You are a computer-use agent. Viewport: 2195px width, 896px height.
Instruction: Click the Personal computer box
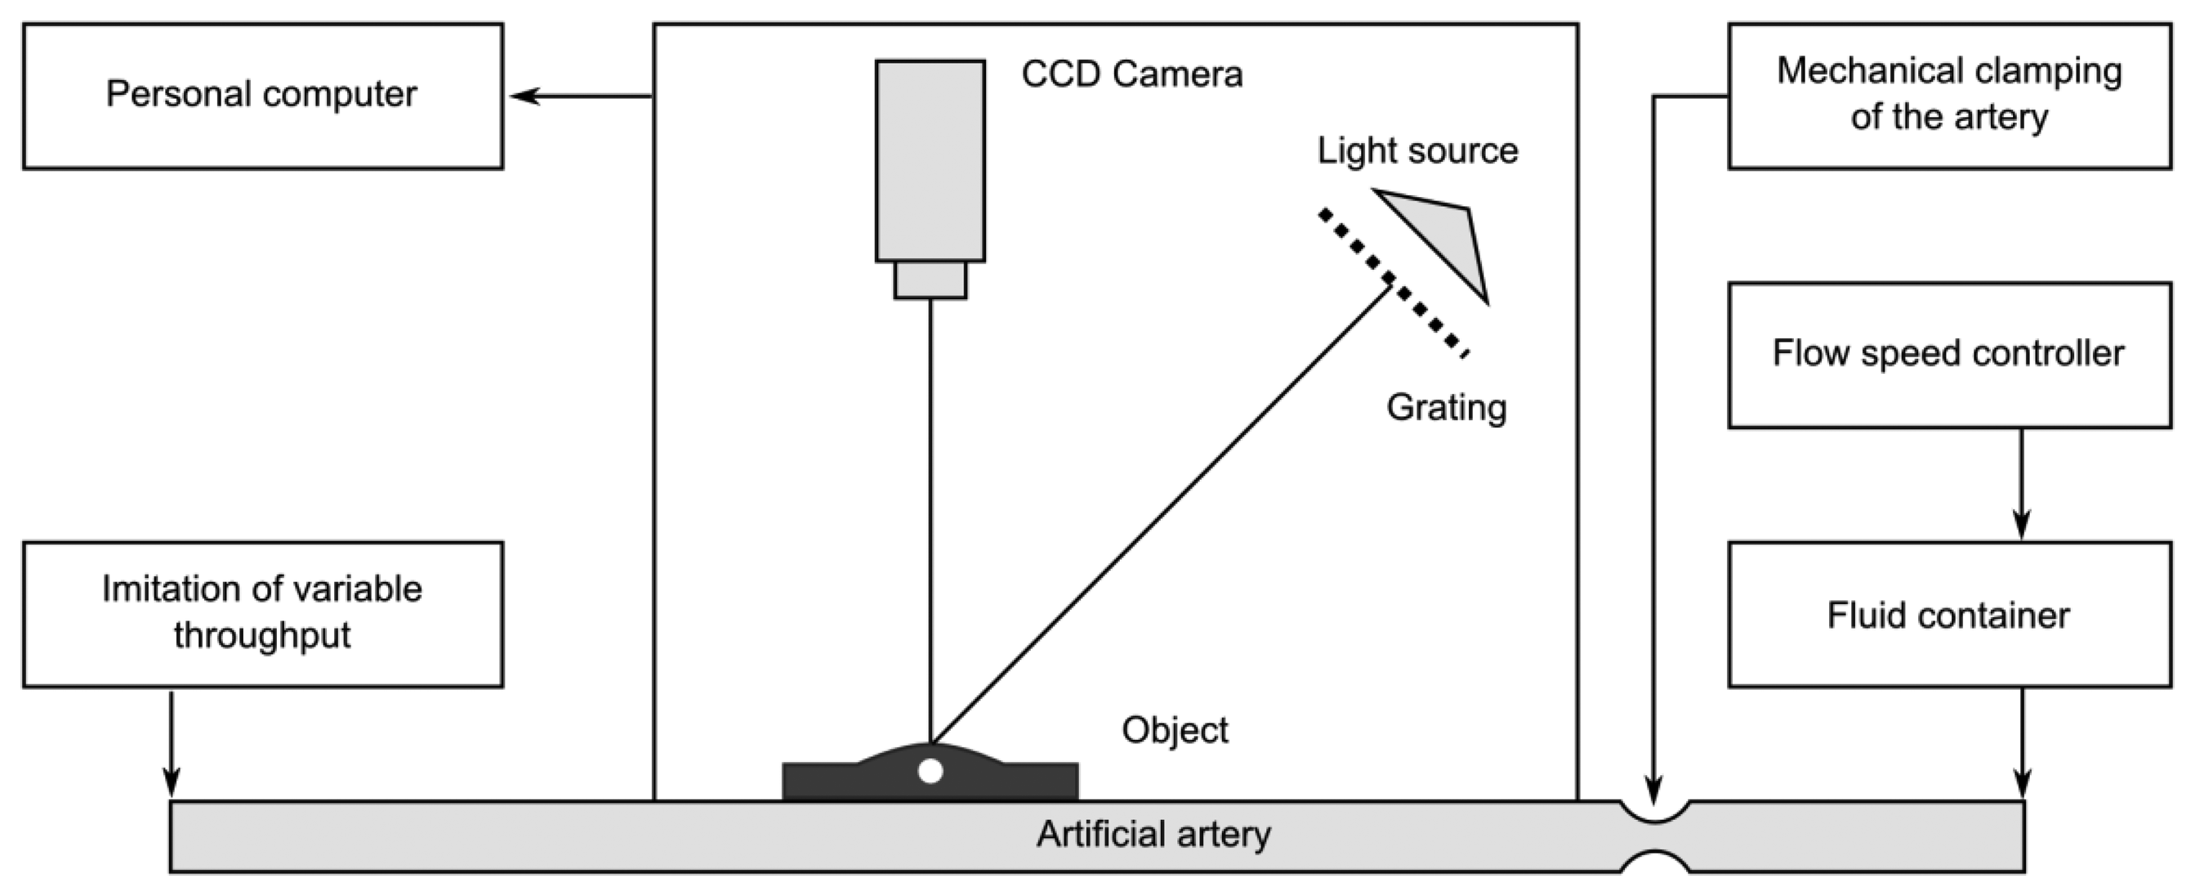pos(262,96)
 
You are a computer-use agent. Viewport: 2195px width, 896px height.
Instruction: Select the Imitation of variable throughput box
pos(262,614)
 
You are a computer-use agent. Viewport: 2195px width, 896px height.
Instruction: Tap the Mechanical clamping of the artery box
pos(1949,96)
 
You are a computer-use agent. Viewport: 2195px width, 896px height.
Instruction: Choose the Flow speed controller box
pos(1949,355)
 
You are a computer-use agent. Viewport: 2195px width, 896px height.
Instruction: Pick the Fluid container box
pos(1949,614)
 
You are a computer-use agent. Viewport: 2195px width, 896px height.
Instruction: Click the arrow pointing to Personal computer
pos(579,96)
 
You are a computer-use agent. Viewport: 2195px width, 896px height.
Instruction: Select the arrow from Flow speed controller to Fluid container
pos(2021,486)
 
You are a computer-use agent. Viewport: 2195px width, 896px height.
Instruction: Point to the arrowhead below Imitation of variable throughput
pos(172,781)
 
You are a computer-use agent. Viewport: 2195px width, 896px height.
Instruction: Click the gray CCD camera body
pos(930,160)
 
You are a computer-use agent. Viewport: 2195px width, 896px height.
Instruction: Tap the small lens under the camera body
pos(930,280)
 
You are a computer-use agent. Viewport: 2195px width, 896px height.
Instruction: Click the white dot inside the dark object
pos(930,771)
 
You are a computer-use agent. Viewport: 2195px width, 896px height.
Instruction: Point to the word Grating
pos(1446,407)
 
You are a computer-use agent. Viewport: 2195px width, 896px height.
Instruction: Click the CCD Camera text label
pos(1131,74)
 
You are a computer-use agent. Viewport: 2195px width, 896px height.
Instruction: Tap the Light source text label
pos(1417,151)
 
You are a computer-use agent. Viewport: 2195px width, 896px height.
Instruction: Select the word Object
pos(1174,730)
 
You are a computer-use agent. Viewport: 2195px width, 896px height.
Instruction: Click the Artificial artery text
pos(1153,834)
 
